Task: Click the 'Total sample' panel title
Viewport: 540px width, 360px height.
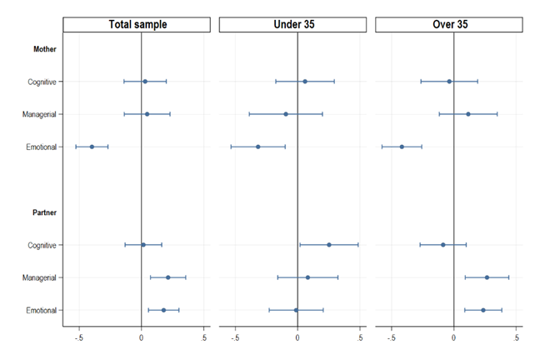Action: (x=137, y=24)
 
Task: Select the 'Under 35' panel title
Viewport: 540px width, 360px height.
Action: (x=294, y=24)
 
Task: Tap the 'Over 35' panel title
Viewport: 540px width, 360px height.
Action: (x=450, y=24)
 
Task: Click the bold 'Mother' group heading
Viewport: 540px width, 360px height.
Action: (x=45, y=49)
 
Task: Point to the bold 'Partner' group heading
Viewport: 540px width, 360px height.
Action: (x=44, y=212)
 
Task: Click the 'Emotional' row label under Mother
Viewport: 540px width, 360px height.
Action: (x=42, y=147)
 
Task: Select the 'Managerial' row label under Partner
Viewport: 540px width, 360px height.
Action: (x=39, y=277)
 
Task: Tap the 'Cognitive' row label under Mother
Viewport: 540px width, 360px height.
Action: (x=42, y=82)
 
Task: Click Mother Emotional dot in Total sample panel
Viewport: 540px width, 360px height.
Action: (x=92, y=147)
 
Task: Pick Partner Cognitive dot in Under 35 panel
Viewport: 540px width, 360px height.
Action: (x=329, y=245)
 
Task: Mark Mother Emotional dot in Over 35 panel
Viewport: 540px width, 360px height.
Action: (x=402, y=147)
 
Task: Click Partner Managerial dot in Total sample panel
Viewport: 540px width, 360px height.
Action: (x=168, y=277)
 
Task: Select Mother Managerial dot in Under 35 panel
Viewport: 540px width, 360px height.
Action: (x=286, y=114)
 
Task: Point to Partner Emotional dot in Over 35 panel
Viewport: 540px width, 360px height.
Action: (x=483, y=310)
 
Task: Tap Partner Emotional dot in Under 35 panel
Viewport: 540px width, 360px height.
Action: (x=296, y=310)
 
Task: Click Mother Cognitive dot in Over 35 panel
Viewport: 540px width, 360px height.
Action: (x=449, y=82)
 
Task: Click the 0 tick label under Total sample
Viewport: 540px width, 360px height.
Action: (x=141, y=337)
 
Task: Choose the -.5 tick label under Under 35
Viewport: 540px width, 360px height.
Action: (x=235, y=337)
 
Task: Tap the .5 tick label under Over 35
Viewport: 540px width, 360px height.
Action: (x=516, y=337)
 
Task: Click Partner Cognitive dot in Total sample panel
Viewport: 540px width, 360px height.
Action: (x=143, y=245)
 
